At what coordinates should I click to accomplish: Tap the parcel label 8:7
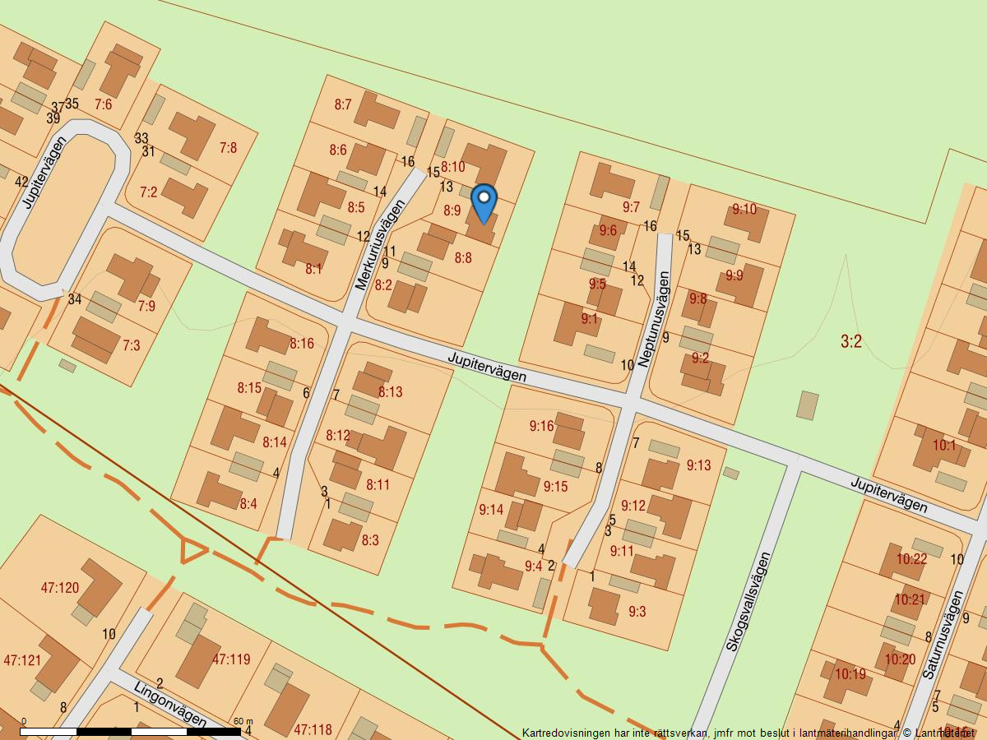coord(343,104)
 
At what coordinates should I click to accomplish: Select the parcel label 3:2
coord(851,341)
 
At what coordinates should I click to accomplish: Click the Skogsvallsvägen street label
coord(748,602)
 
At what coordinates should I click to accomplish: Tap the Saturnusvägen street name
coord(942,635)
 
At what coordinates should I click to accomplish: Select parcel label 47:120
coord(60,588)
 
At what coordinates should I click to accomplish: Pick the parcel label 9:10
coord(744,209)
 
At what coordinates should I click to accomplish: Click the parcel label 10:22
coord(911,559)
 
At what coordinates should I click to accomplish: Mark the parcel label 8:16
coord(301,344)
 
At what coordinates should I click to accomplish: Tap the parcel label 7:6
coord(103,104)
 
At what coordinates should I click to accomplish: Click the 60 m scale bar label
coord(243,721)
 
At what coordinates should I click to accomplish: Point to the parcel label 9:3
coord(637,611)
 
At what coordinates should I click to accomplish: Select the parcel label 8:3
coord(370,540)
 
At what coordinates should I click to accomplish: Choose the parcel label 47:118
coord(313,729)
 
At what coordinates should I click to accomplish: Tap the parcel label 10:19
coord(850,674)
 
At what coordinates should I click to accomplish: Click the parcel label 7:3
coord(131,345)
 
